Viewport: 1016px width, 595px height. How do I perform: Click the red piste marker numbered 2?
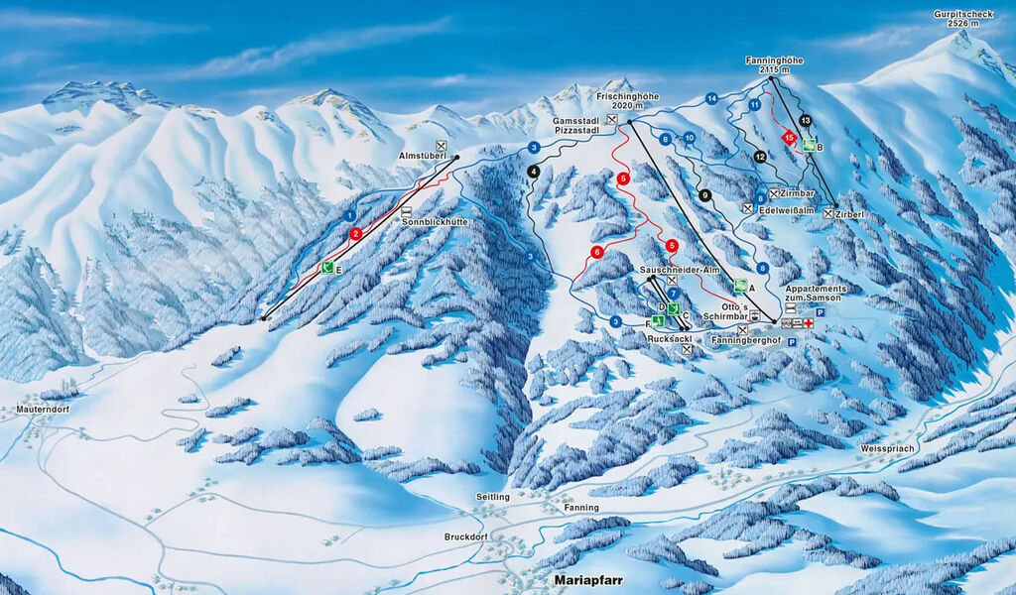click(x=356, y=234)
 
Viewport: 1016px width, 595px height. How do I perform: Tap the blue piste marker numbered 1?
click(x=349, y=215)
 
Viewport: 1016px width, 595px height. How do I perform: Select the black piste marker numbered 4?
click(x=534, y=172)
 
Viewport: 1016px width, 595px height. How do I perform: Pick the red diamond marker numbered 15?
click(x=789, y=138)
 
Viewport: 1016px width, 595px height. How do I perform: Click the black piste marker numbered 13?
click(x=805, y=121)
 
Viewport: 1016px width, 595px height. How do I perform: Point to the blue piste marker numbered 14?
click(x=711, y=98)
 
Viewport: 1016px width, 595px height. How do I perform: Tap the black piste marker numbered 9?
click(x=705, y=195)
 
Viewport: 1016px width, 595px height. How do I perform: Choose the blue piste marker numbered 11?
click(x=755, y=104)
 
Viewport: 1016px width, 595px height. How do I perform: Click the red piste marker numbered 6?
click(x=597, y=252)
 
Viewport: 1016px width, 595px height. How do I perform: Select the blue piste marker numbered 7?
click(x=673, y=294)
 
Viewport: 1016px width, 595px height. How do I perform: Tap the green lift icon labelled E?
click(x=326, y=267)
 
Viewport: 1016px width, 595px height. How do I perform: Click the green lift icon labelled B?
click(x=810, y=146)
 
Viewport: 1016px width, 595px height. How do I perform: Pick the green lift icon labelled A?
click(x=740, y=286)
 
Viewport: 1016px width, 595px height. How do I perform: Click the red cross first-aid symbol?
click(x=809, y=324)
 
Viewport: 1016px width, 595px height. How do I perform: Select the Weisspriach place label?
click(x=888, y=448)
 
